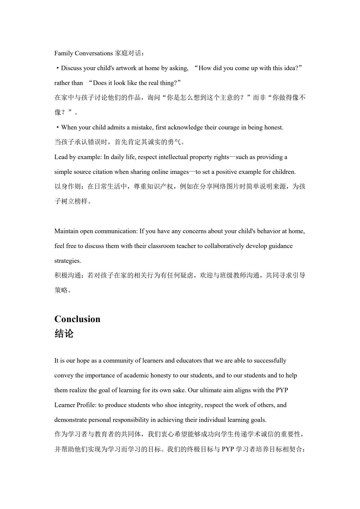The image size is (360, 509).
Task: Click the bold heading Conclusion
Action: [77, 319]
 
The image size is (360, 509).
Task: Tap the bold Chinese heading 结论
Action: [64, 334]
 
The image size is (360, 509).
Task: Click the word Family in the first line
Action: [64, 54]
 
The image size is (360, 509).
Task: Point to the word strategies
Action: [67, 261]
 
